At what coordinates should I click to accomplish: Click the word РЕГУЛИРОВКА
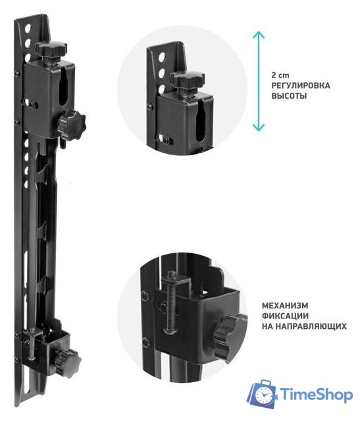301,86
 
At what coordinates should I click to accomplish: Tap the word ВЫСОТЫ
289,96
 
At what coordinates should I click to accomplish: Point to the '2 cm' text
280,75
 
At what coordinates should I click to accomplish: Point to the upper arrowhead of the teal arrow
259,35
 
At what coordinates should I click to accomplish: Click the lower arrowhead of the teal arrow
259,128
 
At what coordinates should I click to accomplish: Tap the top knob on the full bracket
51,49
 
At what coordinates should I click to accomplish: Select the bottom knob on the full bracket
68,363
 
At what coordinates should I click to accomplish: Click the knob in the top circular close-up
188,80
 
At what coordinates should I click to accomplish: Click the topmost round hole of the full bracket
28,28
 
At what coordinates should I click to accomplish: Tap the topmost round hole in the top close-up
162,57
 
